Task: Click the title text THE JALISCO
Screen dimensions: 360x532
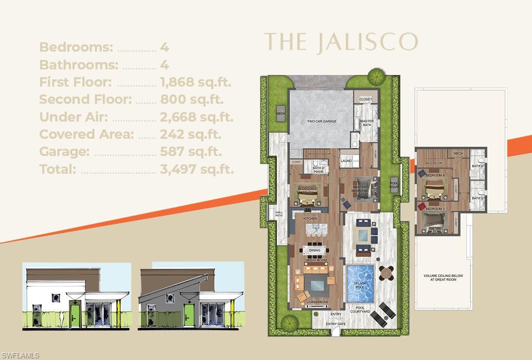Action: (341, 42)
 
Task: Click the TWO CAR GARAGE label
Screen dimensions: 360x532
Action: (321, 121)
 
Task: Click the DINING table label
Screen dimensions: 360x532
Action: (314, 250)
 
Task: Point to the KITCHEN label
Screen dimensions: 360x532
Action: (310, 219)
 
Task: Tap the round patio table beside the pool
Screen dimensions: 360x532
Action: (385, 272)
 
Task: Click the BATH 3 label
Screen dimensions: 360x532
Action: (477, 198)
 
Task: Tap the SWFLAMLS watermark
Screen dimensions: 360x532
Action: (21, 355)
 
